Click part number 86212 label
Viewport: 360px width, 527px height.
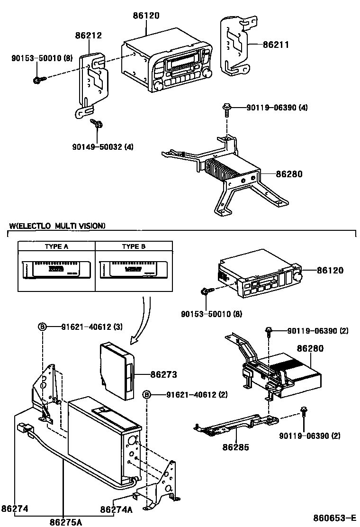[x=88, y=35]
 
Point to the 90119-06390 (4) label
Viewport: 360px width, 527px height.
[x=277, y=108]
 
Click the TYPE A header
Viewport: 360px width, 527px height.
[x=56, y=246]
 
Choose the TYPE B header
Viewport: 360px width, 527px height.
[x=134, y=246]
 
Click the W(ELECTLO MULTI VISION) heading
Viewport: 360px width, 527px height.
[x=57, y=226]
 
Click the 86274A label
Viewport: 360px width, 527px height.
[x=116, y=509]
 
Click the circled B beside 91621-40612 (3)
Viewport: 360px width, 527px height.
[x=42, y=326]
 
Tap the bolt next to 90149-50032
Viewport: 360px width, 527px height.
[x=98, y=124]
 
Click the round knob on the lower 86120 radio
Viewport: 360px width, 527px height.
[x=298, y=276]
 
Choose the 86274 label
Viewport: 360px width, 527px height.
[x=15, y=509]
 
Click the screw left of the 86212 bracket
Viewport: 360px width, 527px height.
[x=37, y=80]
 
